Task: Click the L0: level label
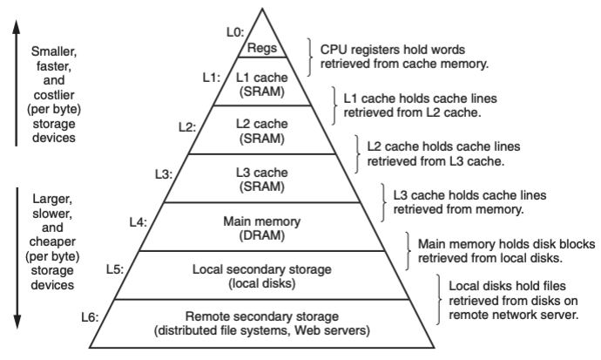(x=234, y=32)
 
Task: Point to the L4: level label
(x=139, y=222)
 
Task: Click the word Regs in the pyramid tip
(x=262, y=49)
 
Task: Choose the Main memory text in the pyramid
(x=262, y=221)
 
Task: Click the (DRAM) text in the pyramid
(x=262, y=235)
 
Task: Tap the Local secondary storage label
(x=262, y=268)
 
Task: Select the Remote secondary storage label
(x=262, y=316)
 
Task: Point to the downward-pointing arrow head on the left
(x=17, y=323)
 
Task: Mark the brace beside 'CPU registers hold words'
(x=309, y=56)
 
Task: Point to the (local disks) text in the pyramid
(x=262, y=282)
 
